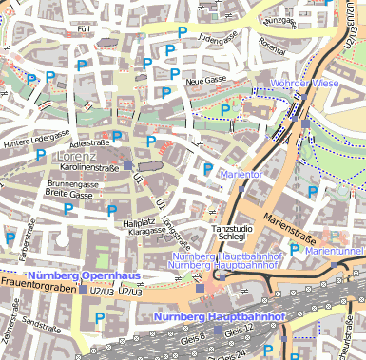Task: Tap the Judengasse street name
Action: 218,38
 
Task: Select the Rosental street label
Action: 272,47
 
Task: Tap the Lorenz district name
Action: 76,155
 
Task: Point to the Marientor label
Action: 241,175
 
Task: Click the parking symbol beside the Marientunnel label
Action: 295,250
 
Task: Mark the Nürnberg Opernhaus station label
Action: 85,275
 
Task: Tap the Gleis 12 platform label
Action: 240,329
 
